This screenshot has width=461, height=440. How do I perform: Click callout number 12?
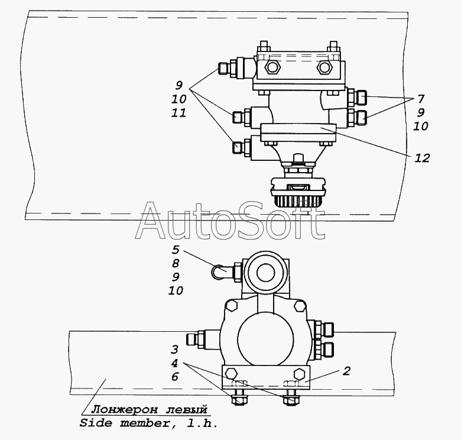[422, 158]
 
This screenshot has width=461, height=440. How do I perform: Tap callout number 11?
[178, 112]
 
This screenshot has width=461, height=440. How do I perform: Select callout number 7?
[421, 99]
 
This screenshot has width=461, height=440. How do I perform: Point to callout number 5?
[176, 250]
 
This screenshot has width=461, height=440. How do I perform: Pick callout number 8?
[176, 263]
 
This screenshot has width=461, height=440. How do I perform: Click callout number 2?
[347, 371]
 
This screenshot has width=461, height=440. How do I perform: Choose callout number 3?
[174, 350]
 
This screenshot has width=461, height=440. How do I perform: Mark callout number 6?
[175, 377]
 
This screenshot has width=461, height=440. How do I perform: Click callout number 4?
[174, 363]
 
